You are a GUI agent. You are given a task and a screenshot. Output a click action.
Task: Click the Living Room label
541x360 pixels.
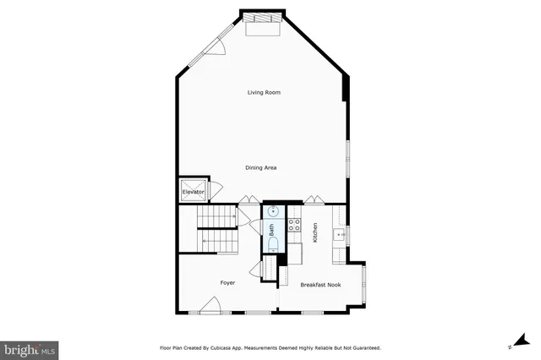(x=264, y=92)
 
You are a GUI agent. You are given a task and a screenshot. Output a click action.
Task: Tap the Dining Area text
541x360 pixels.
(x=261, y=167)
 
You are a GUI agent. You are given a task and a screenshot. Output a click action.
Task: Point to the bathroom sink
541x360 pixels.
(x=273, y=210)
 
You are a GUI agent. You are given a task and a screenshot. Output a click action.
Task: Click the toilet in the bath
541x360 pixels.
(x=273, y=244)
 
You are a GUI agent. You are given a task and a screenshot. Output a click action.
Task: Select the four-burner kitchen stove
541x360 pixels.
(x=295, y=225)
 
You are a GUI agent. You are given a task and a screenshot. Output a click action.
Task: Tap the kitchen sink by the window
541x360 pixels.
(x=339, y=234)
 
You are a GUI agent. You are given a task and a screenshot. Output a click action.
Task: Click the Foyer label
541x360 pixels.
(x=227, y=282)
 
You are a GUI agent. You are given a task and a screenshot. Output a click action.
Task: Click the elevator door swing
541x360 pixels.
(x=215, y=191)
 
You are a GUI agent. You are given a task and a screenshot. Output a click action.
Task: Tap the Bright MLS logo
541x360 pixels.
(x=30, y=347)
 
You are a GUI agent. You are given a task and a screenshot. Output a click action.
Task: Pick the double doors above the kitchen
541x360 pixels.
(x=314, y=199)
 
